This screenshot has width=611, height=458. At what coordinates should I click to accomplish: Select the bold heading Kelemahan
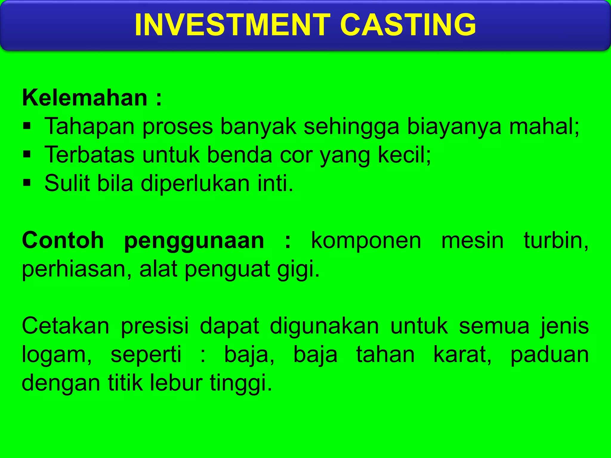(x=85, y=98)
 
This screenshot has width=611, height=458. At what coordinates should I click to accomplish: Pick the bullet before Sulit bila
(x=27, y=182)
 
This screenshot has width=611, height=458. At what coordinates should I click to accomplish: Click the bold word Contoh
(x=63, y=240)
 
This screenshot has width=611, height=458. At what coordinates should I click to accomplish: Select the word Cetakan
(x=66, y=326)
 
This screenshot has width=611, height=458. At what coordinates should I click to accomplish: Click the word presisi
(x=155, y=326)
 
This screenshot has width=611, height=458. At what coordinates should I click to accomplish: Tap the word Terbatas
(x=90, y=155)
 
